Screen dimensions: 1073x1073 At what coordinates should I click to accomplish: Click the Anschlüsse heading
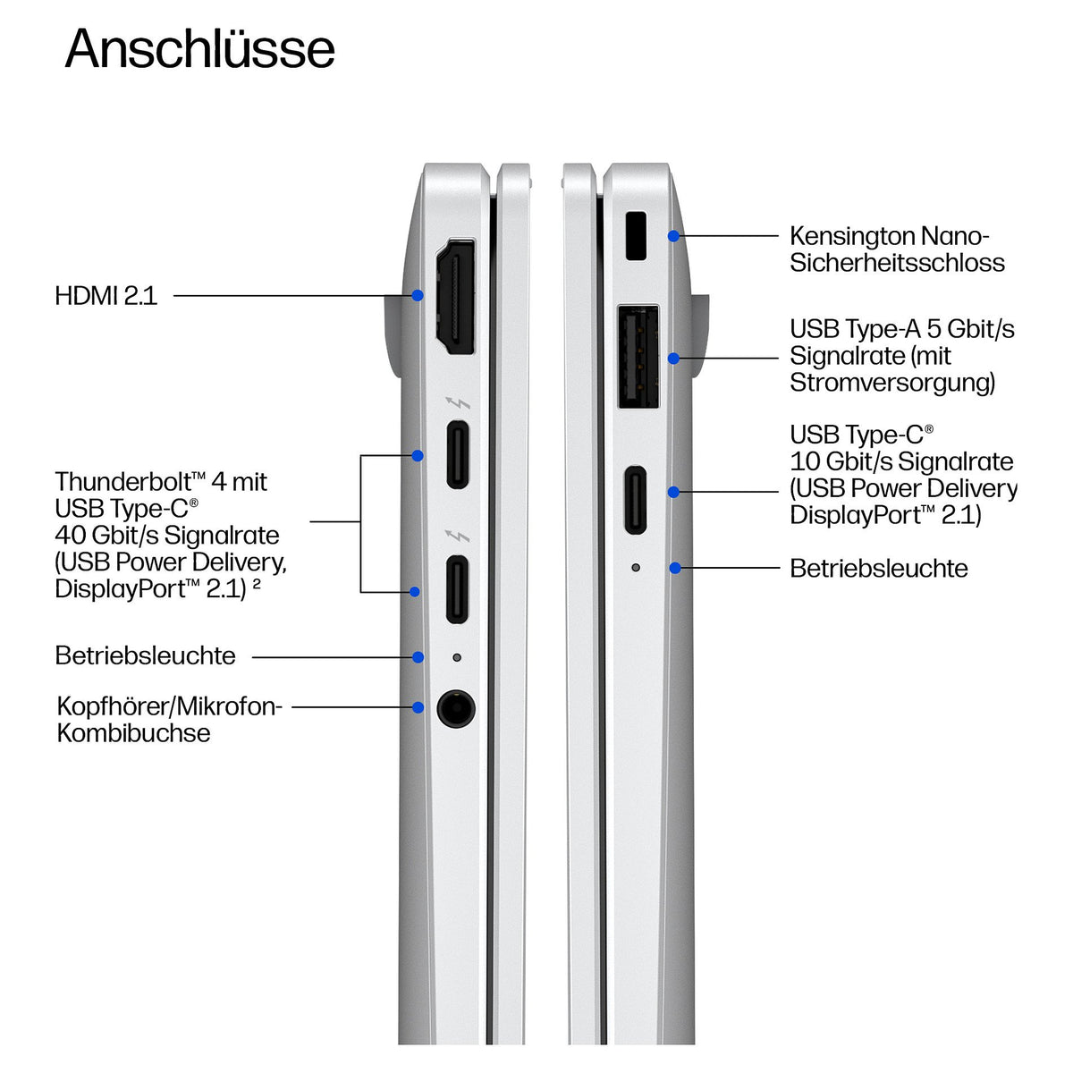coord(200,49)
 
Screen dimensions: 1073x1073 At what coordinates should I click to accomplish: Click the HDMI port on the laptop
coord(455,297)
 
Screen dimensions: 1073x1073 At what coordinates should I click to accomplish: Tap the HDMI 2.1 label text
coord(106,296)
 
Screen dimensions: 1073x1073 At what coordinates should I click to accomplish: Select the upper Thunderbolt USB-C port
coord(458,455)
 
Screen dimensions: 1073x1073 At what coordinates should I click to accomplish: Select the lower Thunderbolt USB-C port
coord(457,589)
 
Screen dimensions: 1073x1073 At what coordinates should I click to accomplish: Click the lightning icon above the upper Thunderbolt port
coord(458,402)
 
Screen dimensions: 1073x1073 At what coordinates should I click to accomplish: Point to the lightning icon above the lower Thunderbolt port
coord(458,536)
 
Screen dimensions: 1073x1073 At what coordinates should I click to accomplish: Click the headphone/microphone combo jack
coord(456,709)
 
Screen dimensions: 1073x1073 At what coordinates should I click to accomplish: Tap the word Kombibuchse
coord(133,733)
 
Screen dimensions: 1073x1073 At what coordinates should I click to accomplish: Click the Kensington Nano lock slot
coord(636,235)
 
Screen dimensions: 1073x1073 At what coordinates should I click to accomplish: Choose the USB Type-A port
coord(638,357)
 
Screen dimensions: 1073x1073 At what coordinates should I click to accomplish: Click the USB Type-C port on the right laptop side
coord(636,500)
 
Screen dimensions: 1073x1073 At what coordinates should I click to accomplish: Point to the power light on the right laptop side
coord(636,568)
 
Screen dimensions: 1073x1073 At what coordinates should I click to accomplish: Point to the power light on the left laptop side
coord(457,657)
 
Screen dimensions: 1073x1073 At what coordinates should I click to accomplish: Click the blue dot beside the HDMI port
coord(418,295)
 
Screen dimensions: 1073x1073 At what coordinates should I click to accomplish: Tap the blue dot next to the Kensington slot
coord(674,236)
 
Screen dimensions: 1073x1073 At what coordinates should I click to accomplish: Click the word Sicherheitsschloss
coord(897,263)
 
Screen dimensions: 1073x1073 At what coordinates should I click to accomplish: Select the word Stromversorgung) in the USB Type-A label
coord(892,383)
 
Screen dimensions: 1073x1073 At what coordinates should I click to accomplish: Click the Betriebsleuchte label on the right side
coord(879,569)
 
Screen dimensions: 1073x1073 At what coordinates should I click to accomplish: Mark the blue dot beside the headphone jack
coord(418,707)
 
